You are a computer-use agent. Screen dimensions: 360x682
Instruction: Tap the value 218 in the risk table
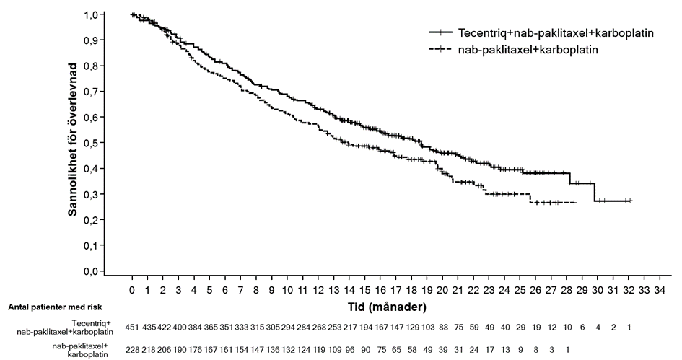click(x=149, y=348)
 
